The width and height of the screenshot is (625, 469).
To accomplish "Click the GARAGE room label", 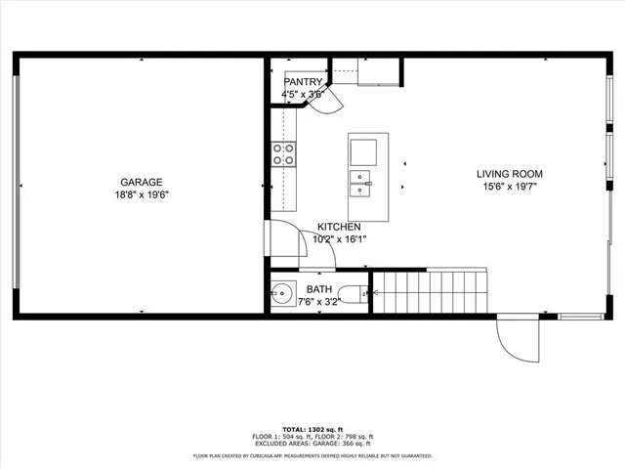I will tap(142, 182).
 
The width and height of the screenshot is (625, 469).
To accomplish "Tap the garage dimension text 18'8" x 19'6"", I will tap(142, 194).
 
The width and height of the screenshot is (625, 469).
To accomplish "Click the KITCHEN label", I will tap(339, 227).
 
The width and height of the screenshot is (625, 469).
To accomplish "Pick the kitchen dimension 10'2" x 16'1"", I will tap(339, 238).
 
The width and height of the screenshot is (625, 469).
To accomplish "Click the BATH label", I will tap(319, 289).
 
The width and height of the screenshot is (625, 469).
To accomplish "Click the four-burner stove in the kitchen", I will tap(283, 153).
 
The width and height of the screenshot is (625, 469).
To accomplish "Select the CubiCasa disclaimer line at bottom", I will tap(312, 455).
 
